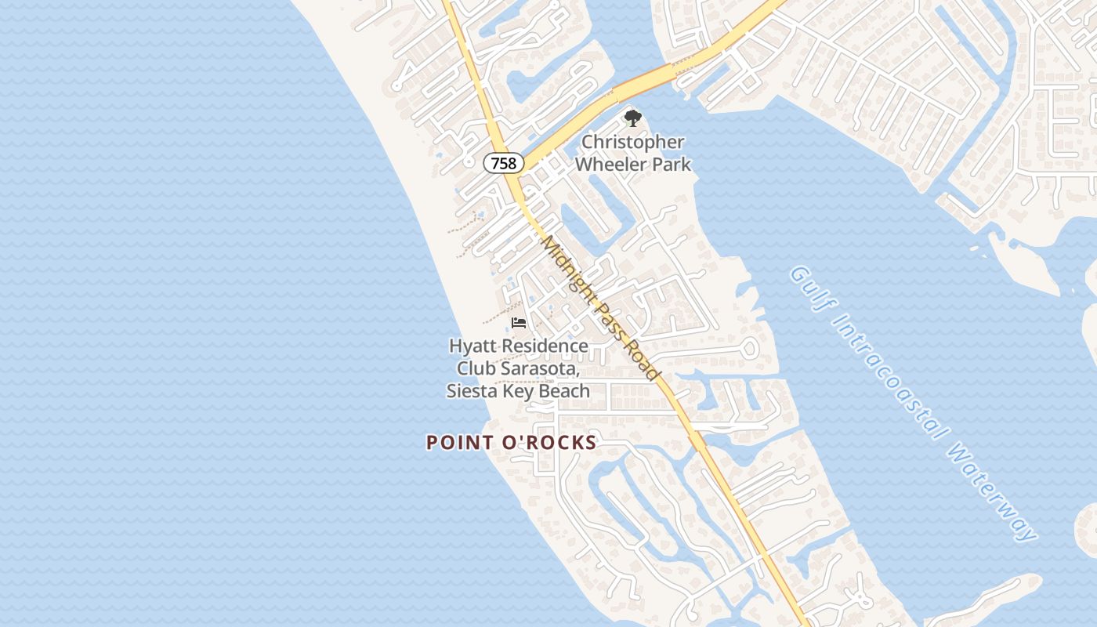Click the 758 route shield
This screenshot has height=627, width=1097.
504,163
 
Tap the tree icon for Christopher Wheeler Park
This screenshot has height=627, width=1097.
632,119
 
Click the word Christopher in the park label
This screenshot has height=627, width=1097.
632,143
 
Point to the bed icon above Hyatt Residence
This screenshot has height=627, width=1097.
519,322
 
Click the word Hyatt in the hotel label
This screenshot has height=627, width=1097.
472,346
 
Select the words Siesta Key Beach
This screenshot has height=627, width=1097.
518,390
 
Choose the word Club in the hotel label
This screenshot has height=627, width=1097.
478,368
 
